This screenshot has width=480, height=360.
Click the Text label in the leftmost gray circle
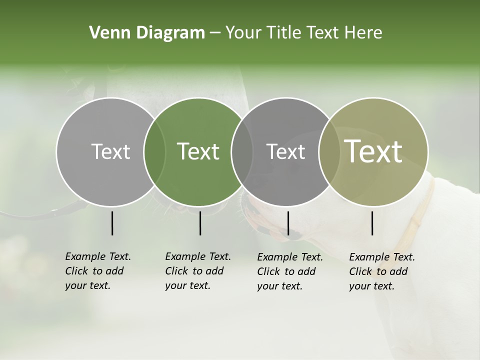point(110,151)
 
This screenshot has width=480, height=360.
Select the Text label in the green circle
point(198,151)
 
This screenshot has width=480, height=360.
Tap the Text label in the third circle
point(285,151)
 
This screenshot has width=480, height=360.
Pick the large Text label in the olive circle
point(373,151)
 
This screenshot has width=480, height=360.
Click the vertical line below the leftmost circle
point(112,223)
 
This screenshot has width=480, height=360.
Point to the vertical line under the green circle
point(200,223)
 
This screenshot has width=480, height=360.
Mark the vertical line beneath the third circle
point(288,223)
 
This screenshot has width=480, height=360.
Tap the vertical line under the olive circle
point(372,223)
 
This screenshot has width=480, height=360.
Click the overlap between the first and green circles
point(154,152)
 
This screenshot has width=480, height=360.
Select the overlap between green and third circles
point(242,152)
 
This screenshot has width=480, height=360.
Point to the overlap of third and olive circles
point(326,152)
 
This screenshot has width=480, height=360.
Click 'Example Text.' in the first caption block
point(98,256)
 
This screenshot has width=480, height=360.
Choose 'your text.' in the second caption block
point(187,286)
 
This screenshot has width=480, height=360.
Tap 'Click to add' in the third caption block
point(286,271)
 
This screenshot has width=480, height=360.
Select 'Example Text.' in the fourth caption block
point(382,257)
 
